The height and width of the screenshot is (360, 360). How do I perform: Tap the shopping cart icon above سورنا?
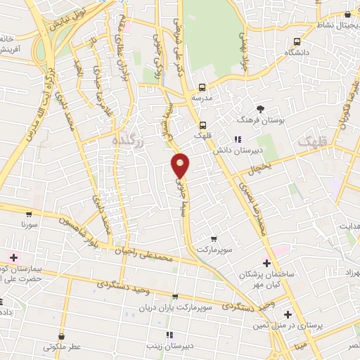point(28,214)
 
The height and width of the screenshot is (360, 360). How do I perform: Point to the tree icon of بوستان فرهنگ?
point(261,109)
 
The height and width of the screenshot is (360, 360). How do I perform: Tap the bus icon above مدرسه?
point(202,88)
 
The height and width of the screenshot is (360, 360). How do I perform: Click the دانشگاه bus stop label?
point(299,53)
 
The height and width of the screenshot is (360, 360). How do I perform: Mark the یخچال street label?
point(259,167)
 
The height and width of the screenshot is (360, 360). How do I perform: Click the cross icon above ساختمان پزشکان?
point(266,262)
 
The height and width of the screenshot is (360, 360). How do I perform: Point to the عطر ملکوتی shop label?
point(64,347)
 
